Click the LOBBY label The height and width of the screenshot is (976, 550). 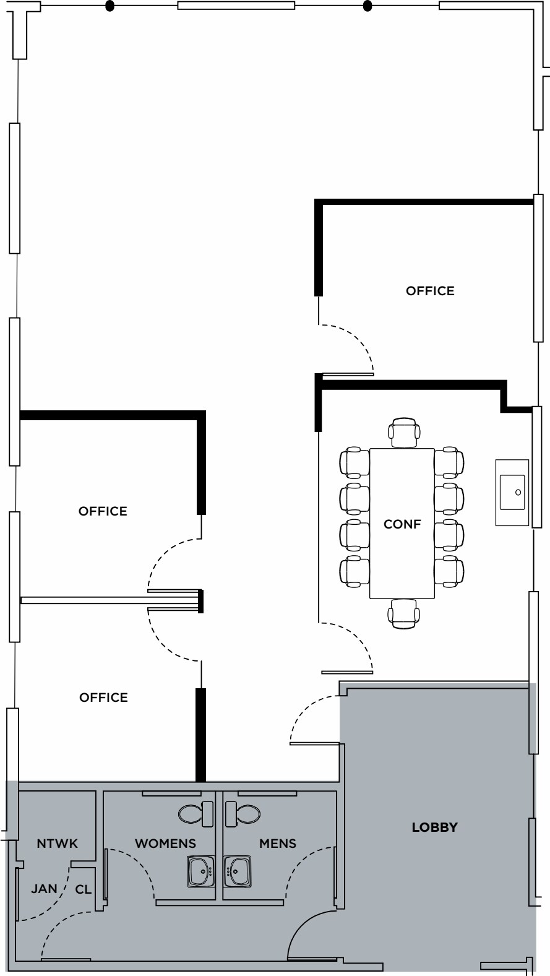click(x=434, y=827)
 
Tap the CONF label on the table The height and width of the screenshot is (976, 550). click(x=402, y=524)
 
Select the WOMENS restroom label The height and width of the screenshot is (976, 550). click(x=165, y=844)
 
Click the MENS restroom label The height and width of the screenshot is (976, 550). click(x=278, y=844)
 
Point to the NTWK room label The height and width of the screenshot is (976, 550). click(x=58, y=844)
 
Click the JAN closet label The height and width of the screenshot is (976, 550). click(x=44, y=889)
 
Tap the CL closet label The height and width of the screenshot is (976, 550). click(x=84, y=889)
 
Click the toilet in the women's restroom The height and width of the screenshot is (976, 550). click(x=195, y=813)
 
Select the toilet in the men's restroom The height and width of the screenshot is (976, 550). click(x=243, y=813)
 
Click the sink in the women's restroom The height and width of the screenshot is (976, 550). click(x=200, y=871)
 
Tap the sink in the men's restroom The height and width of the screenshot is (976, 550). click(x=238, y=871)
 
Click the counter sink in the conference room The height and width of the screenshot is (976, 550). click(x=512, y=493)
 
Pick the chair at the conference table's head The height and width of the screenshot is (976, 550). click(x=404, y=432)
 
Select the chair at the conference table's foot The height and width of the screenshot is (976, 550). click(x=403, y=613)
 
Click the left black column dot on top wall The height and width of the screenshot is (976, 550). click(x=110, y=7)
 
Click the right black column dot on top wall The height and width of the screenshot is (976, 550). click(x=367, y=7)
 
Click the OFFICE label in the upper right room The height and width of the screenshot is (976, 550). click(x=430, y=291)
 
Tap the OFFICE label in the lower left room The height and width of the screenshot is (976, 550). click(x=103, y=697)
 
